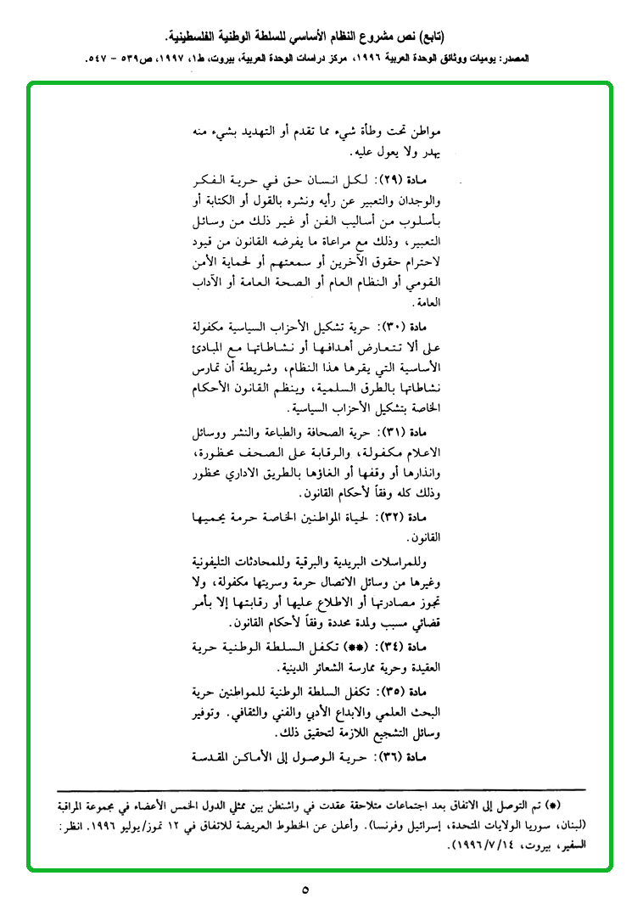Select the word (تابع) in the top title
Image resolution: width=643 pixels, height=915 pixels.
439,38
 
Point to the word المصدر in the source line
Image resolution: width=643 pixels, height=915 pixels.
534,61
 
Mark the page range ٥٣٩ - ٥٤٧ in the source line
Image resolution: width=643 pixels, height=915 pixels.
115,61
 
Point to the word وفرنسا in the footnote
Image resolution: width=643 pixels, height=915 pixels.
395,822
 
